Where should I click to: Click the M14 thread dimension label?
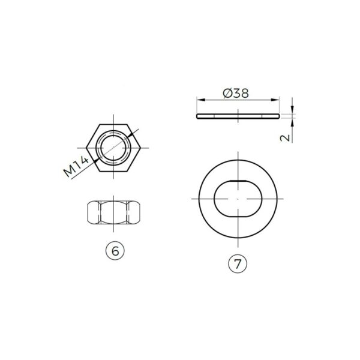click(x=76, y=167)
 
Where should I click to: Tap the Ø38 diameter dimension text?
click(x=236, y=94)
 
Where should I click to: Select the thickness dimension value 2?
click(x=285, y=137)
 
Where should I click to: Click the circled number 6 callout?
click(x=115, y=251)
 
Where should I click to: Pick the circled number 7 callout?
click(x=238, y=263)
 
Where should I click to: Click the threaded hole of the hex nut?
click(x=113, y=148)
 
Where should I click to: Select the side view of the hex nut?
click(x=113, y=212)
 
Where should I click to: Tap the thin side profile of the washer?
click(x=238, y=116)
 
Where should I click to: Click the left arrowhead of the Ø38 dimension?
click(x=200, y=100)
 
